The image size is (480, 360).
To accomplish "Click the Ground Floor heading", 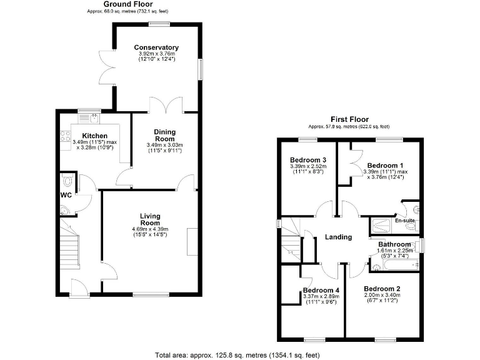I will click(x=127, y=4).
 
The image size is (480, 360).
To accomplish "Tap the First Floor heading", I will click(x=350, y=119).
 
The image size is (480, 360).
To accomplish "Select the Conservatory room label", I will click(x=156, y=47).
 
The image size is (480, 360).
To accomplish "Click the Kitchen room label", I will click(x=77, y=136).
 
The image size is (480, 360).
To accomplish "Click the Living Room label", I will click(x=150, y=219).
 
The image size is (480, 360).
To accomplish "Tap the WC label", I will click(x=66, y=195).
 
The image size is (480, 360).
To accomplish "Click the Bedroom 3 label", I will click(x=307, y=160).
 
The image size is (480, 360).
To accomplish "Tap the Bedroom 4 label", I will click(x=321, y=290).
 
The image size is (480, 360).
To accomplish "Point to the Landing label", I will click(x=337, y=237).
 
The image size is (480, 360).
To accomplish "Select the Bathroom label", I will click(x=394, y=244).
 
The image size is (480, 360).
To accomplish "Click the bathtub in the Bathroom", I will click(x=394, y=266).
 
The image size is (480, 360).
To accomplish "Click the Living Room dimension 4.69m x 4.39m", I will click(x=150, y=229).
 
